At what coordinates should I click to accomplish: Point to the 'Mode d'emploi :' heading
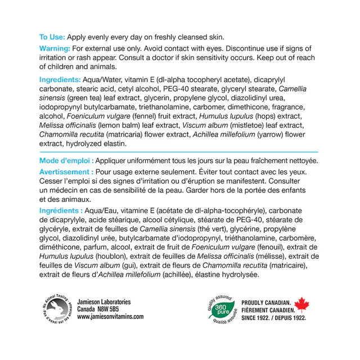pyautogui.click(x=66, y=161)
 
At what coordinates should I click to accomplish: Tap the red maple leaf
pyautogui.click(x=303, y=306)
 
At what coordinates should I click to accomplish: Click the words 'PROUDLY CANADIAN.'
pyautogui.click(x=265, y=302)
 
